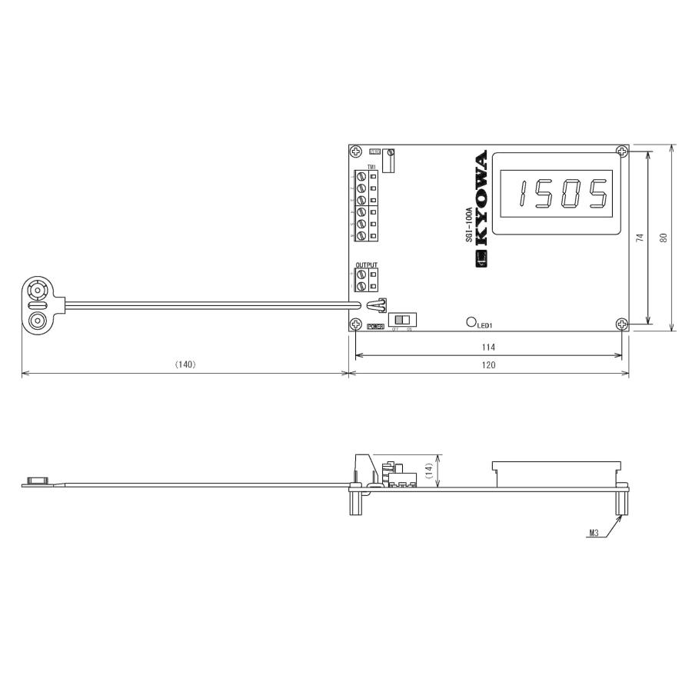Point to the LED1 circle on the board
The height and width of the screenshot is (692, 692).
[x=471, y=322]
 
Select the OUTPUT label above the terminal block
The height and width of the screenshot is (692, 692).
[x=366, y=264]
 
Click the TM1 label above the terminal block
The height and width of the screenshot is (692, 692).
[x=371, y=167]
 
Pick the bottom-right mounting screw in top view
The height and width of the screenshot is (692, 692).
[x=622, y=324]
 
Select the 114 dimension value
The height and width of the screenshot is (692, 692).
[x=488, y=348]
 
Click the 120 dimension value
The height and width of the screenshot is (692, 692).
[x=488, y=365]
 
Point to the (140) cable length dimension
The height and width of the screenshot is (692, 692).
[x=185, y=365]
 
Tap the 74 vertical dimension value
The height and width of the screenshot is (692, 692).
[x=640, y=238]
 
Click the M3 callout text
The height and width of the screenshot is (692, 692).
[x=594, y=532]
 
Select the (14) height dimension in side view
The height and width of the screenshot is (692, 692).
[x=429, y=470]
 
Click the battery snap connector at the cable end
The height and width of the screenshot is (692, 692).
[x=36, y=305]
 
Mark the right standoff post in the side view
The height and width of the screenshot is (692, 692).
[x=621, y=503]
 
